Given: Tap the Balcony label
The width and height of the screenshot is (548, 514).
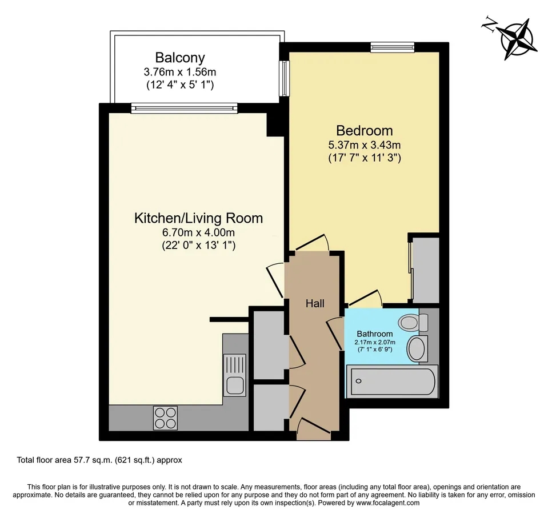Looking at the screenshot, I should tap(179, 58).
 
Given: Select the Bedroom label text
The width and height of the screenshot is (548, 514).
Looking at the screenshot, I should tap(364, 130).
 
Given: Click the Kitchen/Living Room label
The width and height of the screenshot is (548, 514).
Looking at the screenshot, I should tap(198, 218).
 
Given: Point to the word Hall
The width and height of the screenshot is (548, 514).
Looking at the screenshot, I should tap(314, 303).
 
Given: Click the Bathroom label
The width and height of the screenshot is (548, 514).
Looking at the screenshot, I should tap(375, 334).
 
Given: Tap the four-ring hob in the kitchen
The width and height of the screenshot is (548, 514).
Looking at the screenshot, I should tap(165, 417).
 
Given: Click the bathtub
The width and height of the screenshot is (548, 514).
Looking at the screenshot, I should tap(392, 382).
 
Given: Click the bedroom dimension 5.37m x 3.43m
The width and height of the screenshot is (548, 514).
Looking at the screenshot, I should tap(364, 145).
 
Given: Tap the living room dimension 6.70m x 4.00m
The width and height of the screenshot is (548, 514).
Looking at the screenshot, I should tap(198, 232).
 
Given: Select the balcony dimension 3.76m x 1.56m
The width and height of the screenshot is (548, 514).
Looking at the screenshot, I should tap(179, 72).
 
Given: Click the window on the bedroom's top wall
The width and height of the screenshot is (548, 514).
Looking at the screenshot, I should tap(392, 47).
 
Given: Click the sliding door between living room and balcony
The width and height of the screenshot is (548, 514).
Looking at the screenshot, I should tap(183, 107).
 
